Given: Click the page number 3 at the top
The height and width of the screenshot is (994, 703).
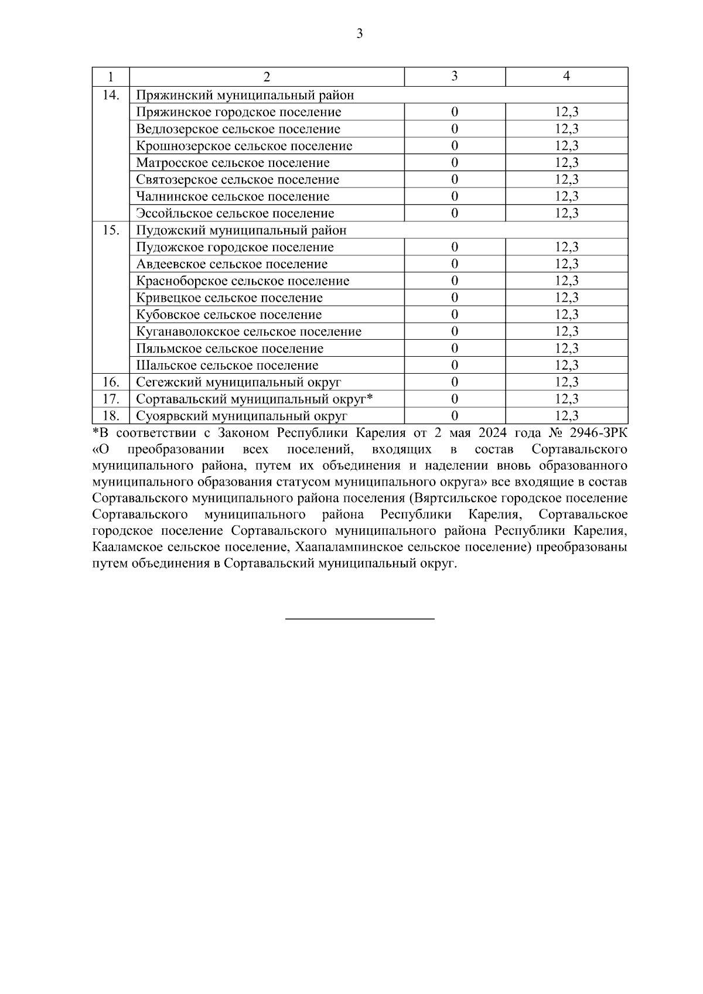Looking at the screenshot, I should point(359,34).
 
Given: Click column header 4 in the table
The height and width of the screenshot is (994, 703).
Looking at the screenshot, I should point(566,77).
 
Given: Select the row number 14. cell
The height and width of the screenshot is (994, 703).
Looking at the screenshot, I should point(111,95).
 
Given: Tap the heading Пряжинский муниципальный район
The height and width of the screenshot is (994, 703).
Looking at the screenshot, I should point(245,95).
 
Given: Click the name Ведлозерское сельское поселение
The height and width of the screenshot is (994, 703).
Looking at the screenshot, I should point(238,129).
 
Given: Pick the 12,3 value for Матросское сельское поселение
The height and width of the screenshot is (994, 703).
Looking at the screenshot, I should point(566,163).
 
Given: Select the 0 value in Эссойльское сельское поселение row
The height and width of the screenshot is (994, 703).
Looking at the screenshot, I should point(454,213).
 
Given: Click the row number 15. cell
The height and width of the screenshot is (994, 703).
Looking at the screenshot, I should point(111,230).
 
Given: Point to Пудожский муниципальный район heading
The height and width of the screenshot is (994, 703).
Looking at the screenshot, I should point(241,230).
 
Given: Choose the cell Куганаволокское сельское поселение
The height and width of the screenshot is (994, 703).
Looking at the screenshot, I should point(248,332).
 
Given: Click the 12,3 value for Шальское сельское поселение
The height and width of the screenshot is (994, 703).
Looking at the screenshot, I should point(566,366).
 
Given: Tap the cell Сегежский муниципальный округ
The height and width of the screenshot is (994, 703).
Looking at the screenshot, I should point(238,382).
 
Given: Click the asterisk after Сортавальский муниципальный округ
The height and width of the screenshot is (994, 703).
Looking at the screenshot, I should point(370,398).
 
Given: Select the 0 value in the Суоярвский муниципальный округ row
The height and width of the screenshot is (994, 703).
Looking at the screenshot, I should point(454,416).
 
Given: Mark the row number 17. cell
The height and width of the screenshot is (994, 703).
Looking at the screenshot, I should point(111,399).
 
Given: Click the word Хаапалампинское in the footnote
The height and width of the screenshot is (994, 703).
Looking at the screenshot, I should point(343,548).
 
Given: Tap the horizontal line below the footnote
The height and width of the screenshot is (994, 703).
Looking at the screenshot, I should point(359,619).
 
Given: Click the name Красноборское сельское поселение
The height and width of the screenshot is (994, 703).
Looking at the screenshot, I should point(243,281).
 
